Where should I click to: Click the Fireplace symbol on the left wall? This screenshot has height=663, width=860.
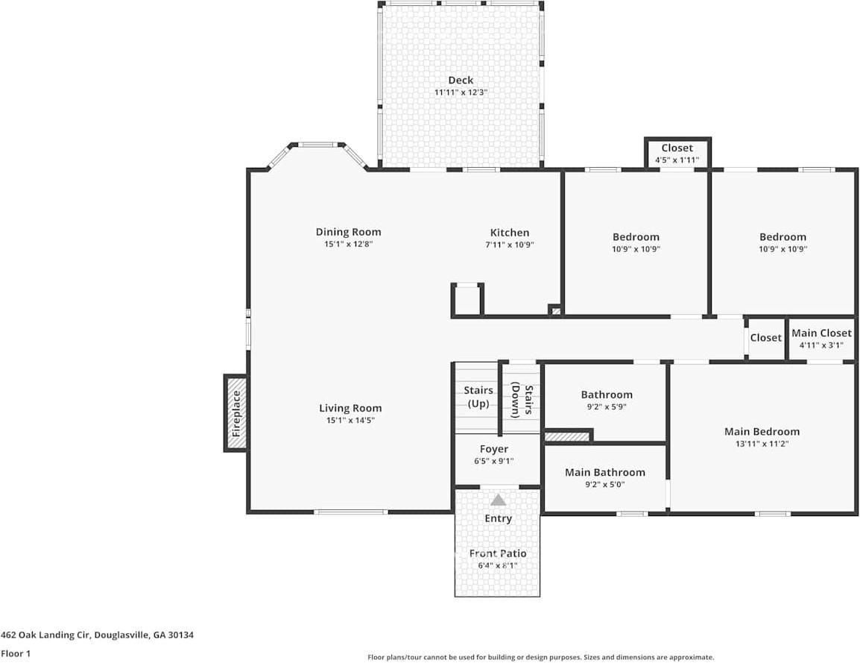coord(236,412)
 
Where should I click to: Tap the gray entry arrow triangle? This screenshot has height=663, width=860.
coord(498,500)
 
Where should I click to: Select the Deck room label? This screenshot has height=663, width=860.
coord(461,81)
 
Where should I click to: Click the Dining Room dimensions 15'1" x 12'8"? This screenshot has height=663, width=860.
coord(348,244)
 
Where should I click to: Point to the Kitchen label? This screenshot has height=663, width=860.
coord(510,233)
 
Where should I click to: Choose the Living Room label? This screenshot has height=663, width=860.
coord(350,408)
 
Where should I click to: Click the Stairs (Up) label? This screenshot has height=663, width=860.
coord(478,397)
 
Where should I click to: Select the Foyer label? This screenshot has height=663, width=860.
coord(494,449)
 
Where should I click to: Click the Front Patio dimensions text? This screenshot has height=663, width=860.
coord(498,565)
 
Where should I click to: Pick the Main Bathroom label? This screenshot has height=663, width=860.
coord(604,472)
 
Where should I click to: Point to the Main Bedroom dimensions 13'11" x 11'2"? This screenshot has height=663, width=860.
coord(762,444)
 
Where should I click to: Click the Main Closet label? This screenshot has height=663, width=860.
coord(821,333)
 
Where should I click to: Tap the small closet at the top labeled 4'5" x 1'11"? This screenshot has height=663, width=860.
coord(677,154)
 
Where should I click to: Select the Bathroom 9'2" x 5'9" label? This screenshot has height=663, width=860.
coord(607,395)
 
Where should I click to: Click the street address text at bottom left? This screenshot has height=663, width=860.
coord(98,635)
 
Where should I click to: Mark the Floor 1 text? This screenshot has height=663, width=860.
coord(16,653)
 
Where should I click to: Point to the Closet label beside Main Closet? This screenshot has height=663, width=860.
coord(765,338)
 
